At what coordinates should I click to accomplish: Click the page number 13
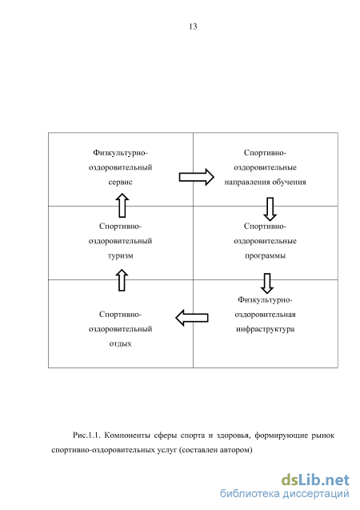click(193, 26)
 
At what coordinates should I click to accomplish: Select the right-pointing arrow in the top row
click(197, 177)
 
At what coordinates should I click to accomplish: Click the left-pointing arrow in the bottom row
click(192, 318)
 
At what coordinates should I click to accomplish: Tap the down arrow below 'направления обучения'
click(270, 209)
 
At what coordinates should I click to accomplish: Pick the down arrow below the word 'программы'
click(267, 283)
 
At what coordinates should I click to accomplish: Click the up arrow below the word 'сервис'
click(122, 206)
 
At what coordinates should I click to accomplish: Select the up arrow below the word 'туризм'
click(122, 280)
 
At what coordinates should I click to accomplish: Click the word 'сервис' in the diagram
click(120, 183)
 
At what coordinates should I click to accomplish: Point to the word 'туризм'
click(121, 256)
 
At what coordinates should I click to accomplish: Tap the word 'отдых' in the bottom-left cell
click(120, 343)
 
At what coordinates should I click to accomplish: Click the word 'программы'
click(265, 256)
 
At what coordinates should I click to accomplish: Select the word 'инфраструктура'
click(265, 329)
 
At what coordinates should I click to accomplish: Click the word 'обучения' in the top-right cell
click(289, 183)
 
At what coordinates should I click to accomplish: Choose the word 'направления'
click(247, 183)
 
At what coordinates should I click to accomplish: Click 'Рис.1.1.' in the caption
click(86, 436)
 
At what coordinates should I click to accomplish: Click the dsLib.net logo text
click(315, 480)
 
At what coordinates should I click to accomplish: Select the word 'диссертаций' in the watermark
click(316, 494)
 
